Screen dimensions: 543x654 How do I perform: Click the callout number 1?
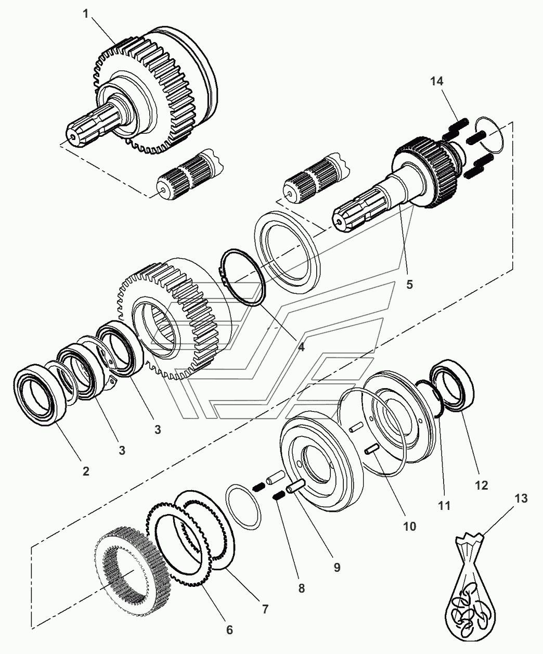(x=85, y=14)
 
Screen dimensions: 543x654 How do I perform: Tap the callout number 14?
(x=437, y=82)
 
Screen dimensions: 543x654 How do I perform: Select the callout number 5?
(x=410, y=284)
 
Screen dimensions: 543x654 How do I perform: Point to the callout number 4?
(x=301, y=347)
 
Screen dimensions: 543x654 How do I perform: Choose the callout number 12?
(x=481, y=485)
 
